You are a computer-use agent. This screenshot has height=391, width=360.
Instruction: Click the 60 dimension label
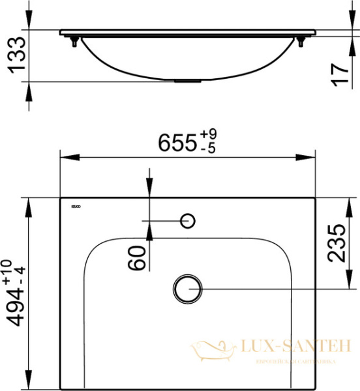click(x=137, y=258)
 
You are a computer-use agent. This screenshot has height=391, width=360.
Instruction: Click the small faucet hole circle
click(x=188, y=221)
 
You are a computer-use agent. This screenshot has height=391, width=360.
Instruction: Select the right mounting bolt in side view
click(x=301, y=42)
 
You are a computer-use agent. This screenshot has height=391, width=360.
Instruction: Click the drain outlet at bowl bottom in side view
click(x=188, y=80)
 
